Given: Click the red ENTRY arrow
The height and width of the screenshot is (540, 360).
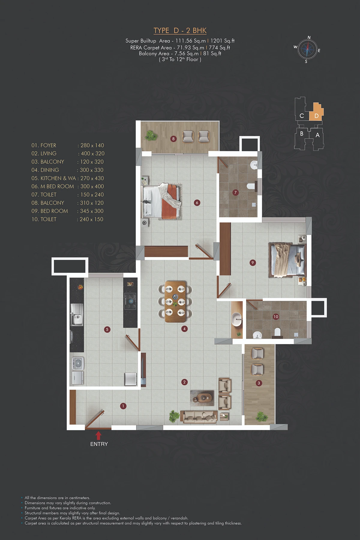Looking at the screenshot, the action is [x=98, y=436].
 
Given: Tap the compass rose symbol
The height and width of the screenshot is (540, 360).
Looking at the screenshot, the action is [x=307, y=50].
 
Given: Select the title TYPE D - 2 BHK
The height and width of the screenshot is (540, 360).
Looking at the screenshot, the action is [x=180, y=31].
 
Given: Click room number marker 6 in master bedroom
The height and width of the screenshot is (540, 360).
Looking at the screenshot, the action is [x=197, y=202].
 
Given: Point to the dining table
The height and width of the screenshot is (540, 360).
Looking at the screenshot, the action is [x=175, y=301].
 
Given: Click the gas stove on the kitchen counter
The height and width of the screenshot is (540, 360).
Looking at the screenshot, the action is [x=130, y=301].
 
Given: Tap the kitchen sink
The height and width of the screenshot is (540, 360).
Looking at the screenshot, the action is [x=77, y=314].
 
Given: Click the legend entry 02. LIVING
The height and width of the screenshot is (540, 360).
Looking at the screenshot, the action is [x=44, y=154].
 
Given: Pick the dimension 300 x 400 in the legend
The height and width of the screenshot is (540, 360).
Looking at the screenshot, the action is [x=92, y=186].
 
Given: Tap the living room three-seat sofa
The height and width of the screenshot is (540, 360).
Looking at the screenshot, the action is [x=199, y=417].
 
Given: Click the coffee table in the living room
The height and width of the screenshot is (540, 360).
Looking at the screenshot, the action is [x=202, y=398].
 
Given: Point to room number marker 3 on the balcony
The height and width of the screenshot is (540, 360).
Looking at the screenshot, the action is [x=259, y=383].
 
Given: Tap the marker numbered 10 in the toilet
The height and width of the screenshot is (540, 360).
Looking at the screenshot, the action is [x=276, y=316].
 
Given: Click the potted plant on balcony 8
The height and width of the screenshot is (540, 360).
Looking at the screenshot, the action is [x=151, y=136].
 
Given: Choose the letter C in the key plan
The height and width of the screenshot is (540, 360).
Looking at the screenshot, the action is [x=302, y=116].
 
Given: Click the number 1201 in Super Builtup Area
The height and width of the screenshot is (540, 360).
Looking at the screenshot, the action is [x=216, y=41].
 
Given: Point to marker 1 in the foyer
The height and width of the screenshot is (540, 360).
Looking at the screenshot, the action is [x=123, y=406].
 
